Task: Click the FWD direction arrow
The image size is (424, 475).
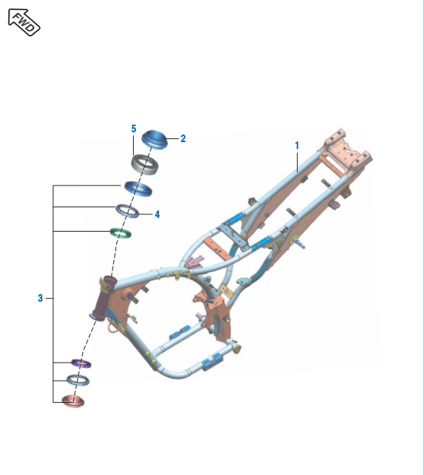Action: [24, 22]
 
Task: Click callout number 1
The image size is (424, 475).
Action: [297, 145]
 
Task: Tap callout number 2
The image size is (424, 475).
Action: [183, 138]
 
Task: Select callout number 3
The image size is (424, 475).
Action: [40, 298]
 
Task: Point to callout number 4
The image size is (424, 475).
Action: [157, 214]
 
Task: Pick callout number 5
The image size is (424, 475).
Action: [134, 128]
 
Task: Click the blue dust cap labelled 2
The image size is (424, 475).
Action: [154, 139]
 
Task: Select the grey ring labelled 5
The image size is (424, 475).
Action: [145, 165]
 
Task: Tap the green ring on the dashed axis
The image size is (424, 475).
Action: [121, 233]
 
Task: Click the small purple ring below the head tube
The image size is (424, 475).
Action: [81, 363]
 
